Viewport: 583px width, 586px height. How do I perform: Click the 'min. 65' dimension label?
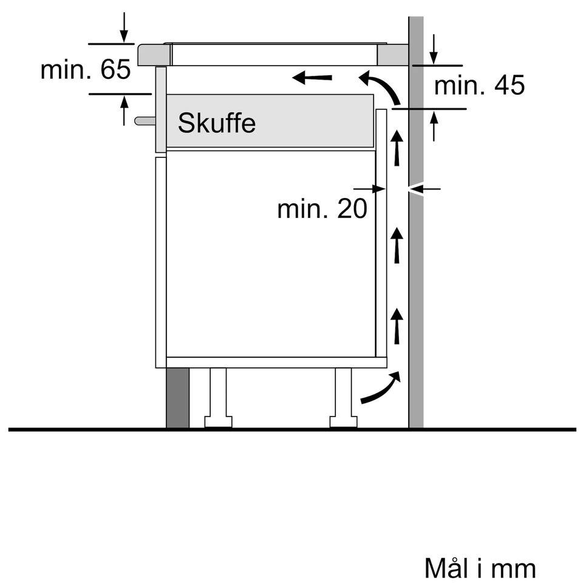pyautogui.click(x=86, y=69)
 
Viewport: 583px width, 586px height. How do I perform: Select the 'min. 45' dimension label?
pyautogui.click(x=480, y=85)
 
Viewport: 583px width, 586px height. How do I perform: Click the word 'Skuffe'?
pyautogui.click(x=217, y=123)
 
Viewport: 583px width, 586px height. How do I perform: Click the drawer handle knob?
pyautogui.click(x=145, y=120)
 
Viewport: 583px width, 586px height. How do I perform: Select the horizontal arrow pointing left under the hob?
pyautogui.click(x=312, y=78)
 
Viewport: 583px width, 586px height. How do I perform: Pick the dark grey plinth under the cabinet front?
pyautogui.click(x=178, y=398)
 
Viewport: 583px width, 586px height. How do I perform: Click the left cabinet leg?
pyautogui.click(x=218, y=398)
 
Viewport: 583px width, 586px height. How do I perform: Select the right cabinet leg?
pyautogui.click(x=344, y=398)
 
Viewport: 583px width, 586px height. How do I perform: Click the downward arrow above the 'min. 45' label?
pyautogui.click(x=434, y=49)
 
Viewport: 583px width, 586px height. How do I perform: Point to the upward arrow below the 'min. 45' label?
pyautogui.click(x=434, y=126)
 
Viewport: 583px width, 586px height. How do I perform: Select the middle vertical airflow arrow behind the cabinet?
pyautogui.click(x=397, y=245)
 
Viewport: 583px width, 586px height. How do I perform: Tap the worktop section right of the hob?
pyautogui.click(x=392, y=55)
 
